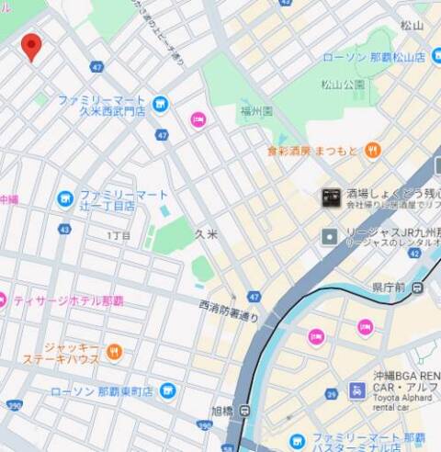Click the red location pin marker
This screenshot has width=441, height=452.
[x=32, y=45]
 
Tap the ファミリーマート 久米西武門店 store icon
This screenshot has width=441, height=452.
[x=161, y=105]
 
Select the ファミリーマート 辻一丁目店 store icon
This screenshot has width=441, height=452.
[x=64, y=198]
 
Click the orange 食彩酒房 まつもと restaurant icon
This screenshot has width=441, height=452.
[x=372, y=150]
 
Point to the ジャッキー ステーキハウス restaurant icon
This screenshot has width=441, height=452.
[x=114, y=352]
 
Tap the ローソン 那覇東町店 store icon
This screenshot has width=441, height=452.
[x=167, y=391]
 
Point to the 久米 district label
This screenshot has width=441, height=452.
[x=207, y=235]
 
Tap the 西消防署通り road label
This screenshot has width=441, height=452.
[x=229, y=310]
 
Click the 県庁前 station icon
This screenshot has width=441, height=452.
[x=418, y=288]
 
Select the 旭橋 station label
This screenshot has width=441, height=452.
[x=222, y=411]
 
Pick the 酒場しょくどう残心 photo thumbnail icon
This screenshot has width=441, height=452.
[x=331, y=196]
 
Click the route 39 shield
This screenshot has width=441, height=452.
[x=331, y=393]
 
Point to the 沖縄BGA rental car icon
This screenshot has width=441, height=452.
[x=357, y=390]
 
